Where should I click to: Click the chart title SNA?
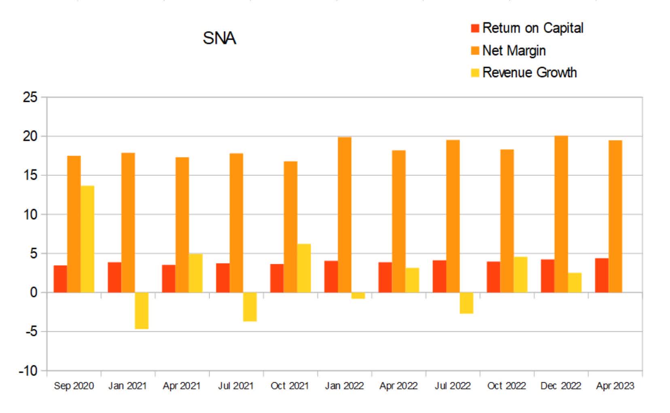(219, 38)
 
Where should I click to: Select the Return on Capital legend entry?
(527, 28)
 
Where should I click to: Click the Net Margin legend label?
(514, 51)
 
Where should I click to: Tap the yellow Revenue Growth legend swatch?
(475, 73)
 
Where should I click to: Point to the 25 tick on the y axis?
(30, 97)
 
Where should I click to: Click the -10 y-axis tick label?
(28, 371)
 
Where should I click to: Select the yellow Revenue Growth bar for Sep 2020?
(87, 239)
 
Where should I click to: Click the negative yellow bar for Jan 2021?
(142, 310)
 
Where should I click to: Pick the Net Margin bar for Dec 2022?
(561, 214)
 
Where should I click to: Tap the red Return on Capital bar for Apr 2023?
(601, 275)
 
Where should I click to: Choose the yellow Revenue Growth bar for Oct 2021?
(304, 268)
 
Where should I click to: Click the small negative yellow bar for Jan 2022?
(358, 295)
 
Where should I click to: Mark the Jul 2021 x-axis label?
(235, 386)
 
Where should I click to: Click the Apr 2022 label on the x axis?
(398, 386)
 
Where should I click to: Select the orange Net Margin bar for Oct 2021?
(290, 227)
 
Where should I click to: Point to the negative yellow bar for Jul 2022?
(466, 303)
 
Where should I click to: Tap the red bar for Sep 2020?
(60, 279)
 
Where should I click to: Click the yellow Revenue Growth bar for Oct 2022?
(520, 274)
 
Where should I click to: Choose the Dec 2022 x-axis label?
(560, 386)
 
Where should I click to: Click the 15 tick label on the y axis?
(30, 175)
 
